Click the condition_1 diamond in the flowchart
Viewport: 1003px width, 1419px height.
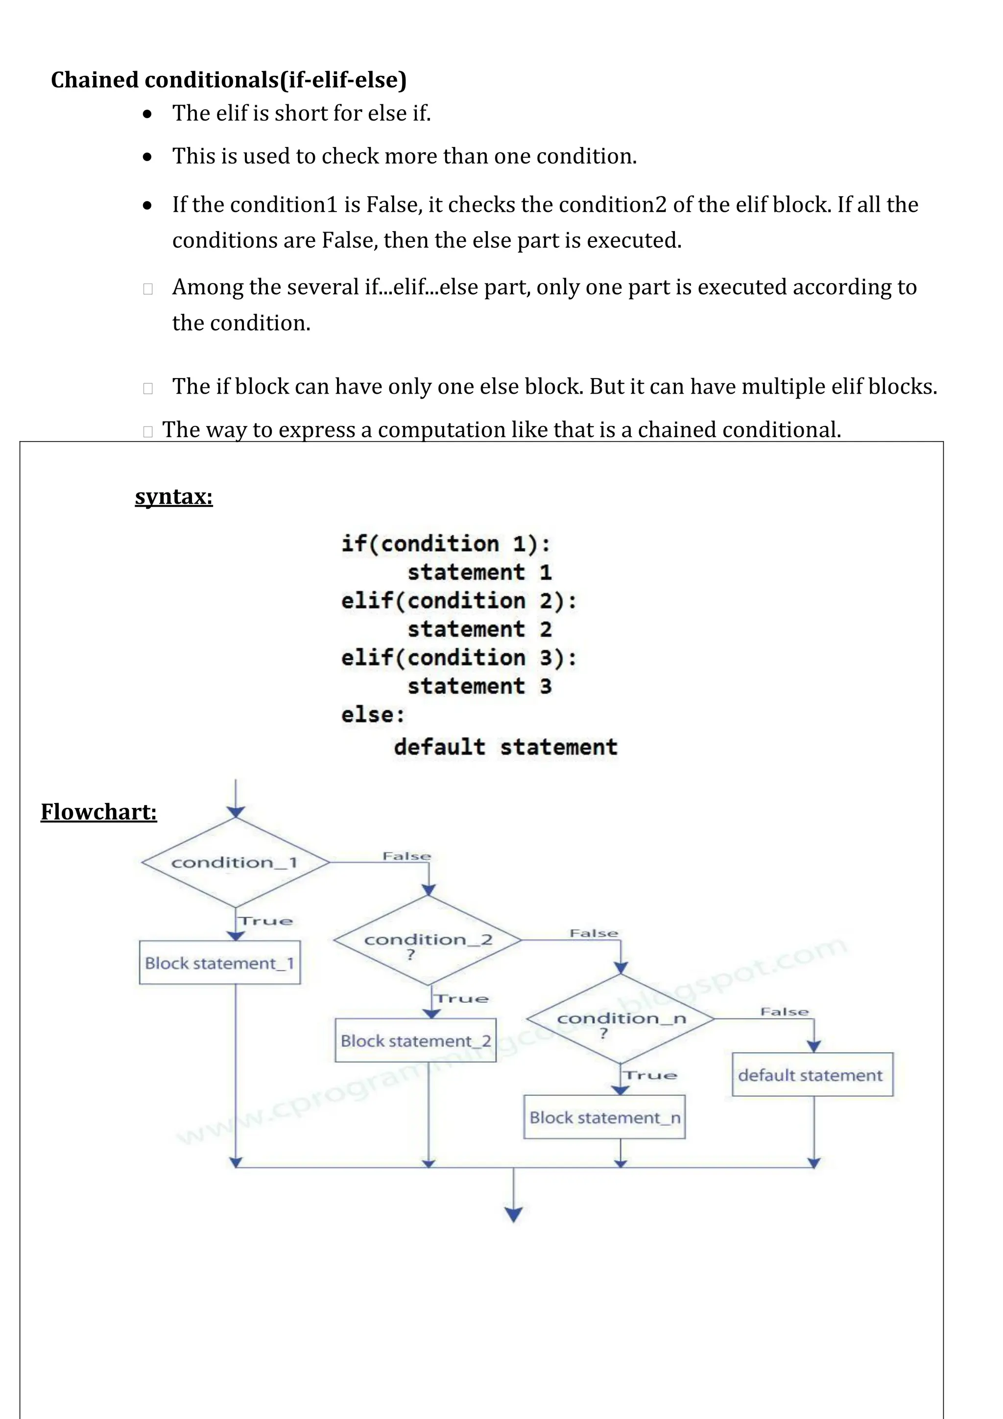tap(235, 862)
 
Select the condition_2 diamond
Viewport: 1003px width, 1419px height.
tap(428, 940)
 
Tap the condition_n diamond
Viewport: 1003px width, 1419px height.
tap(621, 1018)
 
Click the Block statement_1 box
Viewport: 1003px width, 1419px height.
tap(220, 963)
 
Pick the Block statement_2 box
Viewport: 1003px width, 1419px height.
tap(415, 1041)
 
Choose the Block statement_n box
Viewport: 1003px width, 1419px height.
tap(604, 1117)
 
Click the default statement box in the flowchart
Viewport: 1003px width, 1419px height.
tap(812, 1075)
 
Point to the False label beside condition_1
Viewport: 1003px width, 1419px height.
tap(406, 856)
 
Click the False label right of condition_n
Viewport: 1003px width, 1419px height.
tap(784, 1012)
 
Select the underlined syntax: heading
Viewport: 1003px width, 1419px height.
tap(174, 497)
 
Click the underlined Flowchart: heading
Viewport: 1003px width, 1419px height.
tap(99, 811)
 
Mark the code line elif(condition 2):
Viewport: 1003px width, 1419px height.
tap(458, 601)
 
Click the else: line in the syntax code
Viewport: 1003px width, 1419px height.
tap(373, 715)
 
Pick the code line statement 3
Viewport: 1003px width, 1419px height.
tap(479, 686)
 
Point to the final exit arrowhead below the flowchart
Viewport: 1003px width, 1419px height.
tap(514, 1214)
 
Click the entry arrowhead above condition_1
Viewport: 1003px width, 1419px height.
tap(236, 811)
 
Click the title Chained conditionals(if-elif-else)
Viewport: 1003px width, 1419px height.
tap(229, 80)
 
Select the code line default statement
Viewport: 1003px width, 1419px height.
tap(505, 747)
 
